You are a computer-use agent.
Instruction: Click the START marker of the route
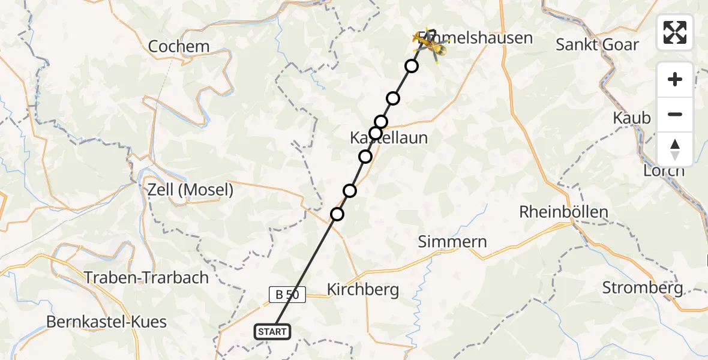(x=273, y=332)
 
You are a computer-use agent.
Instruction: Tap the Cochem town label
(x=179, y=46)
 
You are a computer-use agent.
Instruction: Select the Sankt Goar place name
(x=597, y=44)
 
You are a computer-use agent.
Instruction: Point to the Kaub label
(x=632, y=118)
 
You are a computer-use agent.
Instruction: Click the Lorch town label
(x=664, y=170)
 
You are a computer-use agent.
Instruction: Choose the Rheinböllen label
(x=563, y=212)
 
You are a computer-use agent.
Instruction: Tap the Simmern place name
(x=453, y=242)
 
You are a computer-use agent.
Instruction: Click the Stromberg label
(x=642, y=288)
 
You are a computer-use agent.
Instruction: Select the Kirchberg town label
(x=362, y=290)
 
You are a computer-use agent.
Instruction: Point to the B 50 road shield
(x=287, y=295)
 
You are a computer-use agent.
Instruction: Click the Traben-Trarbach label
(x=146, y=278)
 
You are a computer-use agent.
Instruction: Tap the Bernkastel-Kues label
(x=107, y=322)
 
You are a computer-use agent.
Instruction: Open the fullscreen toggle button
(x=675, y=32)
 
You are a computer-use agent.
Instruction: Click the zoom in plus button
(x=675, y=79)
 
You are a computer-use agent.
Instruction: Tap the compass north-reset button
(x=675, y=149)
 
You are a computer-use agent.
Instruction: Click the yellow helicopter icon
(x=432, y=43)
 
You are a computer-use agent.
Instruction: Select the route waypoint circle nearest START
(x=337, y=214)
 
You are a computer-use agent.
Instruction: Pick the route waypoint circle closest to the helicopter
(x=412, y=66)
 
